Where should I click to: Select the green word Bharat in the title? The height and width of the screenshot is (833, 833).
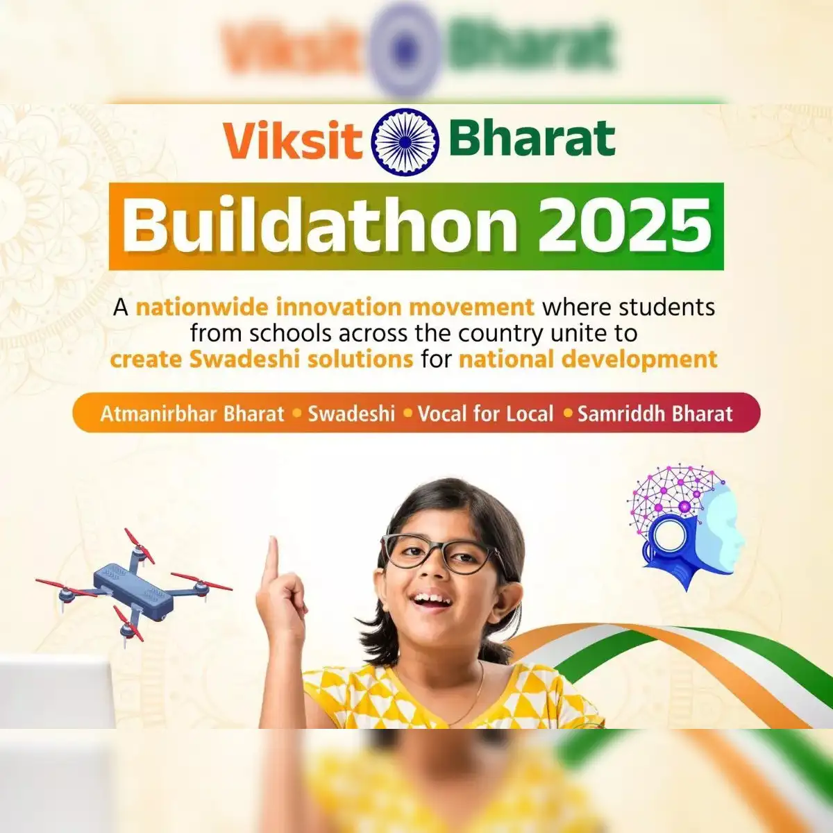[x=532, y=137]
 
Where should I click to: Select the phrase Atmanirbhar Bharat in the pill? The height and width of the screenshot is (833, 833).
[x=192, y=414]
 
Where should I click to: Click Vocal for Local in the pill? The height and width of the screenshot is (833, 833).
[x=486, y=414]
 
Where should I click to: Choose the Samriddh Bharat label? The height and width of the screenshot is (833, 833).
[x=655, y=414]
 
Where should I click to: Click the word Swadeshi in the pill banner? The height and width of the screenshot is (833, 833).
[x=351, y=414]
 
